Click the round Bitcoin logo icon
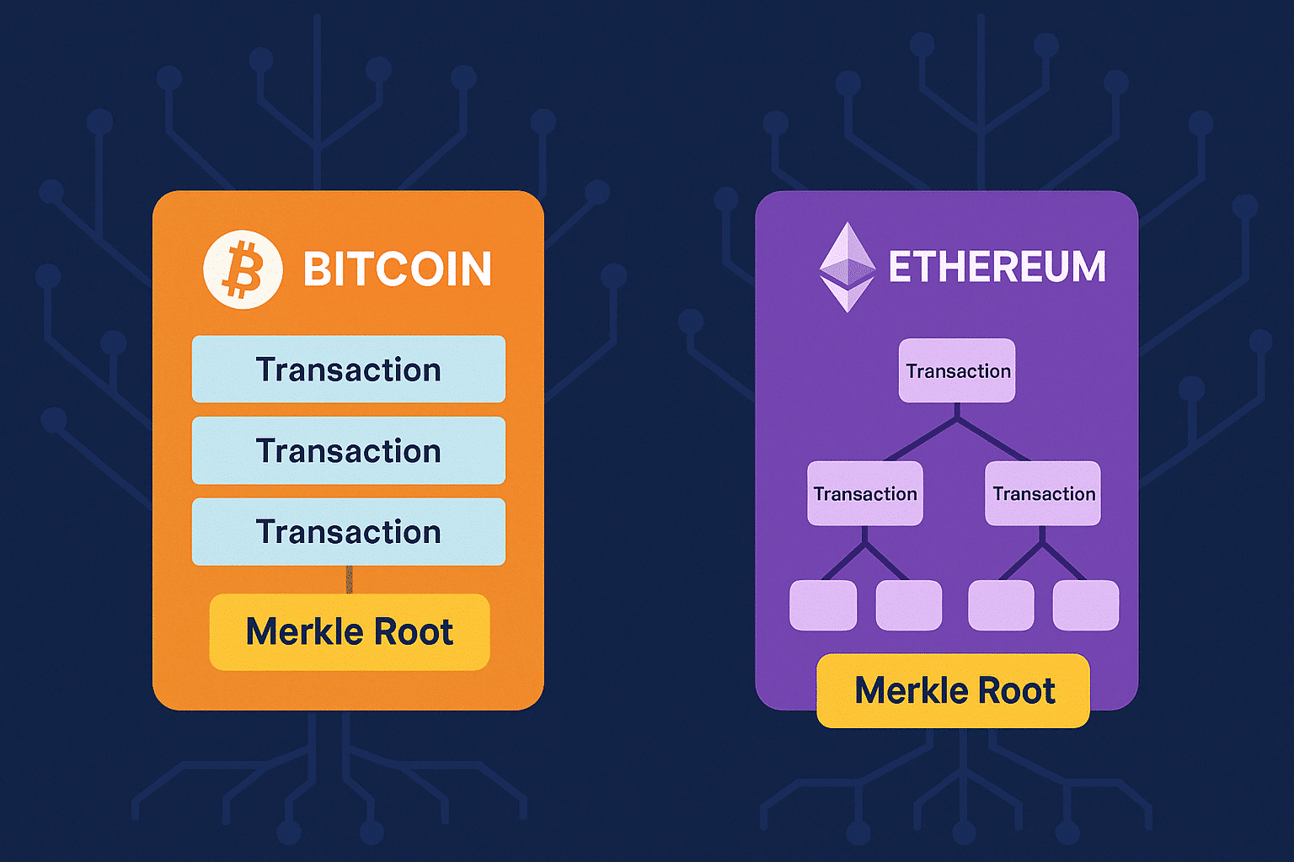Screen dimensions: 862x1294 pos(243,269)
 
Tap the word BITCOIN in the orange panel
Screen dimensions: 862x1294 pos(397,269)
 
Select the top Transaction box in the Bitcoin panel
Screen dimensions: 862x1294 pos(348,370)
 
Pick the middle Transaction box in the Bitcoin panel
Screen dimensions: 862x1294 pos(348,450)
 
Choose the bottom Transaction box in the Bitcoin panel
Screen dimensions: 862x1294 pos(348,531)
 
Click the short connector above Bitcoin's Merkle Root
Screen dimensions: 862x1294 pos(349,579)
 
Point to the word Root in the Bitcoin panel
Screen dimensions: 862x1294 pos(414,631)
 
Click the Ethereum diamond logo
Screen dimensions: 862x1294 pos(848,267)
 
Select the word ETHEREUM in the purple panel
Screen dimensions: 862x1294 pos(997,267)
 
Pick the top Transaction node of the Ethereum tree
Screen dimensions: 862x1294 pos(957,370)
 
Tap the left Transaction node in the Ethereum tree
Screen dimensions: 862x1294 pos(865,493)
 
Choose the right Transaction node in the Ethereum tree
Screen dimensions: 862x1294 pos(1043,493)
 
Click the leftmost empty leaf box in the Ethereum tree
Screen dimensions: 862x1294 pos(823,605)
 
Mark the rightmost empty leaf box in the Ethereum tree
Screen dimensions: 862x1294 pos(1086,605)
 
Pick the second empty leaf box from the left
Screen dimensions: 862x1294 pos(909,605)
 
